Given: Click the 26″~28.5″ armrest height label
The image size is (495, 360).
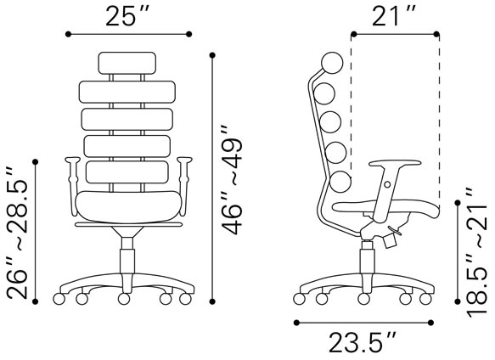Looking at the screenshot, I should coord(18,229).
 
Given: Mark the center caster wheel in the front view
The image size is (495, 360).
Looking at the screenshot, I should coord(124,299).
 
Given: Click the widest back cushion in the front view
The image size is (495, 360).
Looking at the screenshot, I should coord(127,91).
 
